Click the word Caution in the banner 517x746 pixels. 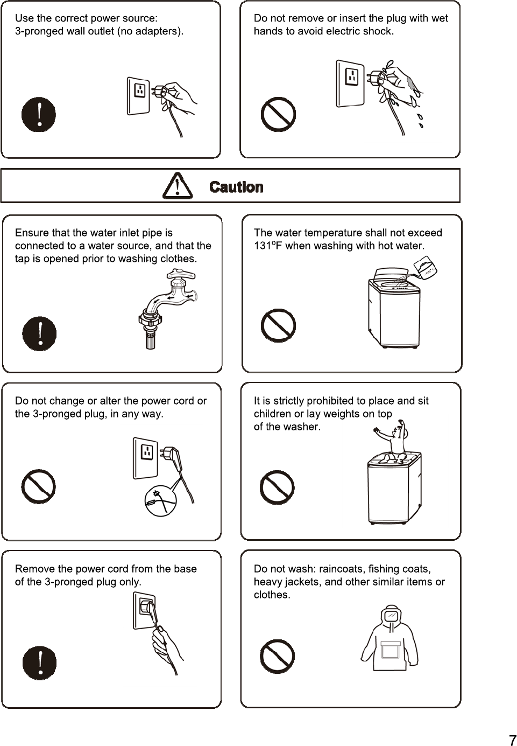tap(236, 187)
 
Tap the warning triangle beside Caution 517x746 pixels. tap(178, 186)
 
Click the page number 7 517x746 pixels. tap(513, 740)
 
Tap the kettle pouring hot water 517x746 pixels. tap(425, 268)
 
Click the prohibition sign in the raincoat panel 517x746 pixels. tap(277, 657)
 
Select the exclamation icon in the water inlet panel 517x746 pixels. tap(39, 333)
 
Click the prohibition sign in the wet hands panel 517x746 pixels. tap(278, 114)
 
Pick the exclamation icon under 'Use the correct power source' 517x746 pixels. tap(39, 114)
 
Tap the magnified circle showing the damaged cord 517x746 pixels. tap(160, 501)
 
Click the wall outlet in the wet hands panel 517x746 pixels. tap(350, 83)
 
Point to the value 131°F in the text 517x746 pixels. tap(267, 246)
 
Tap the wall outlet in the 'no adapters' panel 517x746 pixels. tap(138, 96)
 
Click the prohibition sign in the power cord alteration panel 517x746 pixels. tap(38, 486)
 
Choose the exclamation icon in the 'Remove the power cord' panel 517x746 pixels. tap(39, 663)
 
